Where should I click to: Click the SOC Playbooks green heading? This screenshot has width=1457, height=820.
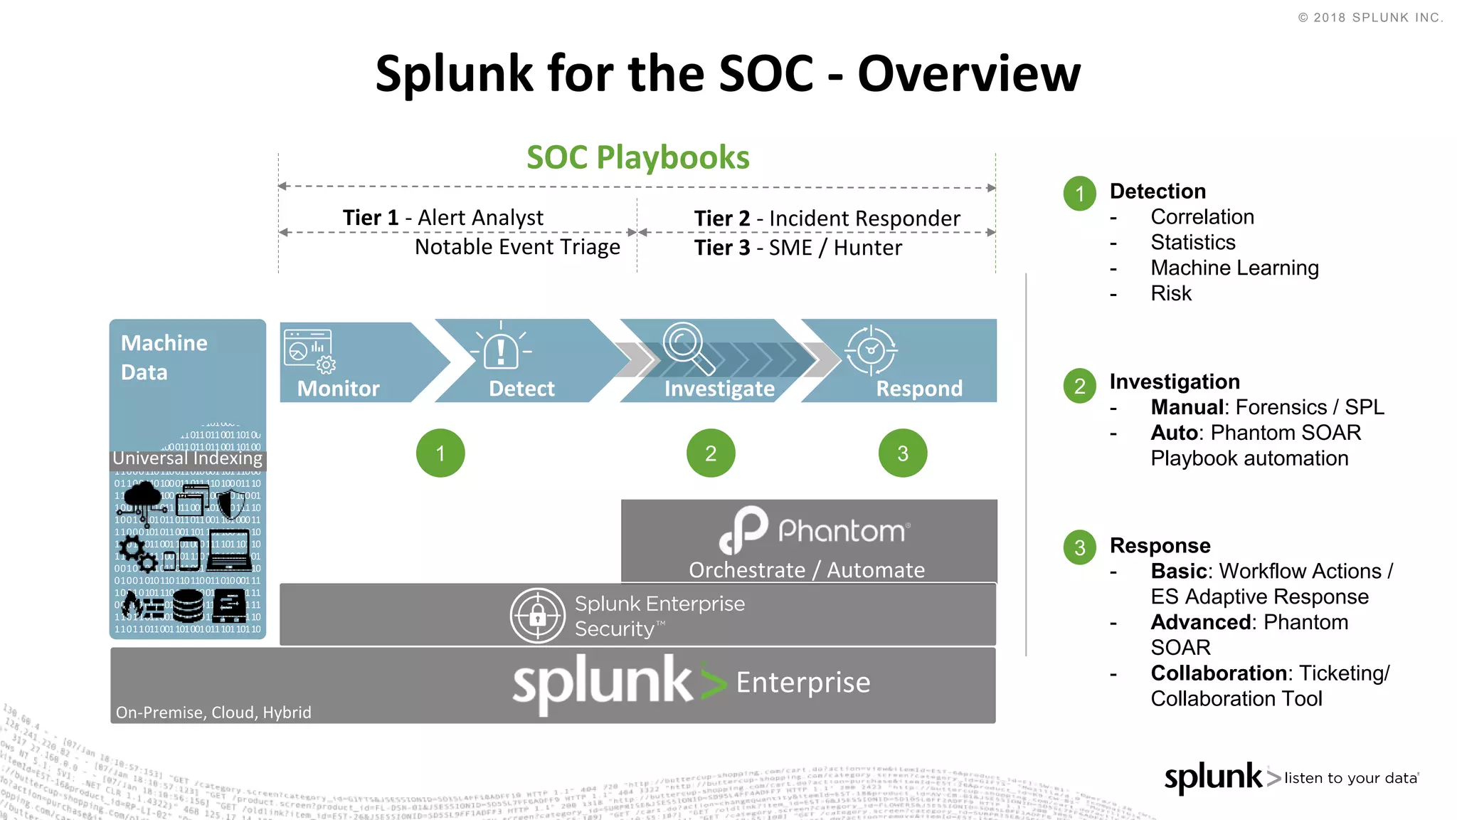pos(637,157)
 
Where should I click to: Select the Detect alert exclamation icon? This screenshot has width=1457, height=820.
pos(501,349)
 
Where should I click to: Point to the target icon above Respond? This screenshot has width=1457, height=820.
pos(871,350)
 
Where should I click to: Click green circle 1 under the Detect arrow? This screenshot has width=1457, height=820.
pos(440,453)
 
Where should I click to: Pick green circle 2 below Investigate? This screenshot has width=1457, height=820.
pos(711,453)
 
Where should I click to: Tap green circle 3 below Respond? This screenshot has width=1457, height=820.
pos(903,453)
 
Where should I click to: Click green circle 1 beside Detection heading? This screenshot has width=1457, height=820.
pos(1080,194)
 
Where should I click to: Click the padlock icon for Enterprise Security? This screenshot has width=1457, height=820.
pos(538,615)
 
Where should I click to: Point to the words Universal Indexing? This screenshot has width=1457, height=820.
pos(188,458)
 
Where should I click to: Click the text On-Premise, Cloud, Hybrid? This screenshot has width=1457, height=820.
pos(213,713)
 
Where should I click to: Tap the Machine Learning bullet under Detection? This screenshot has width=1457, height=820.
pos(1234,268)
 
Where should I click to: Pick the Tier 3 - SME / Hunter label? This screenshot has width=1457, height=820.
pos(798,248)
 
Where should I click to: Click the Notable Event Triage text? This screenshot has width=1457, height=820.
pos(517,247)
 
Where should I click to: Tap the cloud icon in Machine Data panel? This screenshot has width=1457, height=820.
pos(143,494)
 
